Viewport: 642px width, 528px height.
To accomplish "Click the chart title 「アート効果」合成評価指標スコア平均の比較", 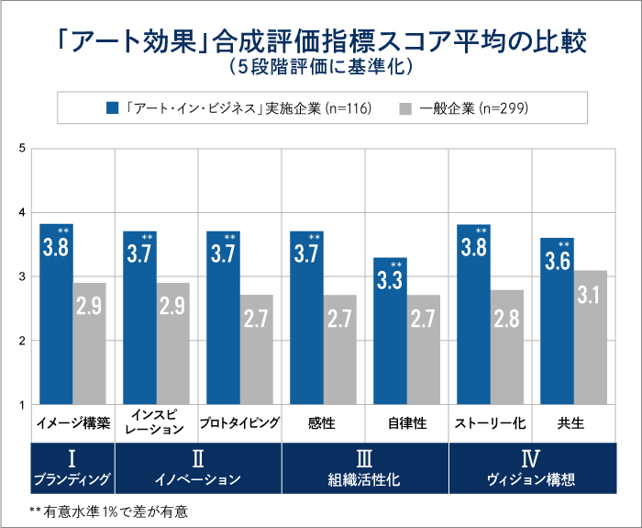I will tap(320, 41).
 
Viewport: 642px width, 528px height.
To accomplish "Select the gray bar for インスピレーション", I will tap(173, 343).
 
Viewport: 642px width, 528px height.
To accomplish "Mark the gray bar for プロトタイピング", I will tap(257, 350).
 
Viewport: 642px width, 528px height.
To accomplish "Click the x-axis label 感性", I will tap(322, 424).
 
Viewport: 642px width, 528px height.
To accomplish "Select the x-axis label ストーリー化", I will tap(490, 424).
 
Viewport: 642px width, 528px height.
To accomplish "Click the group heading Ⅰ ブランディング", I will tap(72, 468).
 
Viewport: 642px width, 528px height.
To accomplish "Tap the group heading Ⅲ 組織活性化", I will tap(364, 468).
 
